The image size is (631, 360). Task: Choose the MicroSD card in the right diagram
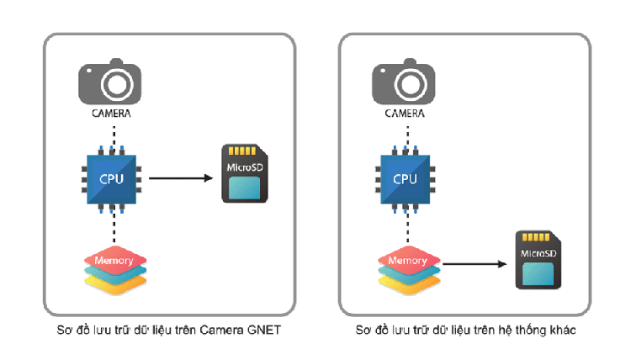pyautogui.click(x=538, y=260)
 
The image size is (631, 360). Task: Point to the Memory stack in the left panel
pyautogui.click(x=114, y=267)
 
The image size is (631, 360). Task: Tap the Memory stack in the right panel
pyautogui.click(x=407, y=267)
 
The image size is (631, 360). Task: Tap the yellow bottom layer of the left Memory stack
pyautogui.click(x=114, y=283)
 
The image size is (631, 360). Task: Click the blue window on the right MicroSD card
pyautogui.click(x=538, y=273)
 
